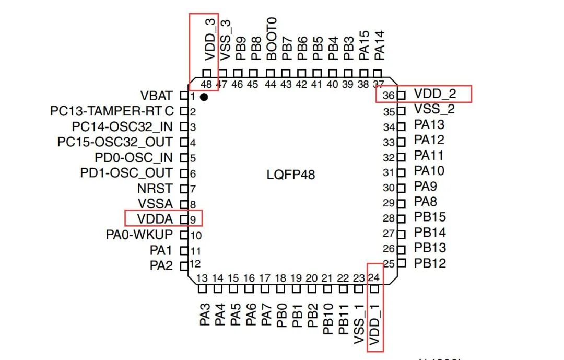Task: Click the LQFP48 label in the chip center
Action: [291, 175]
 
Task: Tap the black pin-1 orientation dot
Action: [204, 97]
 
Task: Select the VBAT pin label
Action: [156, 96]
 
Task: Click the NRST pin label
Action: [155, 189]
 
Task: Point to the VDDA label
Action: [156, 219]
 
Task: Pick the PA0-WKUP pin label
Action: [139, 235]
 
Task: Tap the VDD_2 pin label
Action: [435, 94]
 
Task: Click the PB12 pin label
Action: [430, 263]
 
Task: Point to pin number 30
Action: [389, 188]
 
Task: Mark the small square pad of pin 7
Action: [184, 189]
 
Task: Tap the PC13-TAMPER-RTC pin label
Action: [112, 111]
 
